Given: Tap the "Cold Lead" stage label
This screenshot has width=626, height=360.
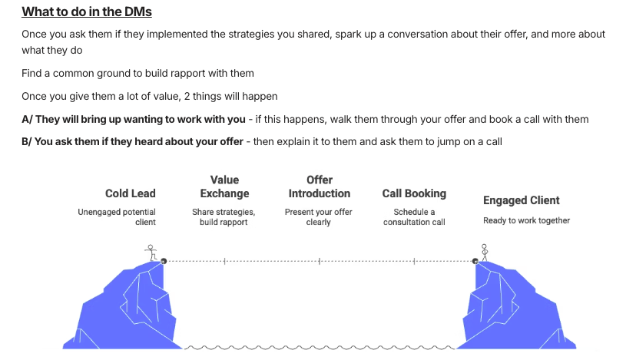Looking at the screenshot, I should [x=131, y=193].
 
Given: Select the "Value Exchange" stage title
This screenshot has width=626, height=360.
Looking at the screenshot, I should [x=224, y=187].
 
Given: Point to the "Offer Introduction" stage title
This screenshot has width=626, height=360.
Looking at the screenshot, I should [x=319, y=187].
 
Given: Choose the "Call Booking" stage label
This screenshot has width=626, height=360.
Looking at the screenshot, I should [x=414, y=193].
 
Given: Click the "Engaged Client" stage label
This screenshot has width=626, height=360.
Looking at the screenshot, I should [x=521, y=200].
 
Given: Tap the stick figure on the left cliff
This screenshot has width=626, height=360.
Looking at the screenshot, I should [x=151, y=251].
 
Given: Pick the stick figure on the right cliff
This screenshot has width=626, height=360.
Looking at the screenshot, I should [x=484, y=251].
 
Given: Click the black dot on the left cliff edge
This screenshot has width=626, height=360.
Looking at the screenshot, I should [x=164, y=261].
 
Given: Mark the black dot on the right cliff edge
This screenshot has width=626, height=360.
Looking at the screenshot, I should [x=475, y=261].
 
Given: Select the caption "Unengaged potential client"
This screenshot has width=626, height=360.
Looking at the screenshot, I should [x=117, y=216].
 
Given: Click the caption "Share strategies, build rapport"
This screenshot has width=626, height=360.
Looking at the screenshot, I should [x=224, y=216].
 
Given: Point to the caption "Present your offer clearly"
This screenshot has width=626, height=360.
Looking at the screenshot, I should [x=318, y=216].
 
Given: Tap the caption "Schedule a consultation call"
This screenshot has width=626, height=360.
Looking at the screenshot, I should [x=414, y=216].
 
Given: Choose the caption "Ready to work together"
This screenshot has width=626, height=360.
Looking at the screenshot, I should [x=526, y=220].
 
